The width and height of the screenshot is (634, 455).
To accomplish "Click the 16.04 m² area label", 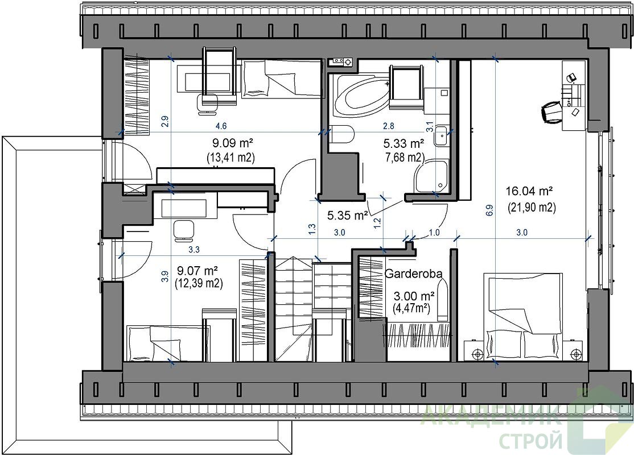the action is tap(529, 191).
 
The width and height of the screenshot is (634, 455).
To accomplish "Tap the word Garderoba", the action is tap(413, 274).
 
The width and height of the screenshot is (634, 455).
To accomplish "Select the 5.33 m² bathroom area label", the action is tap(403, 143).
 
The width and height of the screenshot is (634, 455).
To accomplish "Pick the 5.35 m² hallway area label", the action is tap(348, 216).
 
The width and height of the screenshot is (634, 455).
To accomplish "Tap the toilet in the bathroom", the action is tap(342, 135).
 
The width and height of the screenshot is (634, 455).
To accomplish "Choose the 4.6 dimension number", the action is tap(221, 126).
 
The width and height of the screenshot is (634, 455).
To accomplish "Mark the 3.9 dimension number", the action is tap(164, 276).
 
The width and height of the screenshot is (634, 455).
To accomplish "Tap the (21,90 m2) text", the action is tap(532, 207).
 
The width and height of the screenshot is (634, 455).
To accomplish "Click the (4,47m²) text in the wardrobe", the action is tap(411, 308).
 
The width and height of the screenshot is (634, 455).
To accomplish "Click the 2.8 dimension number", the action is tap(389, 126).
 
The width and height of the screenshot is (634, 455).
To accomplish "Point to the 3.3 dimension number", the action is tap(194, 250).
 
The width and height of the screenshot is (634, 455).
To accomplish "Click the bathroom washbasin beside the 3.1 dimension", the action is tap(440, 135).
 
